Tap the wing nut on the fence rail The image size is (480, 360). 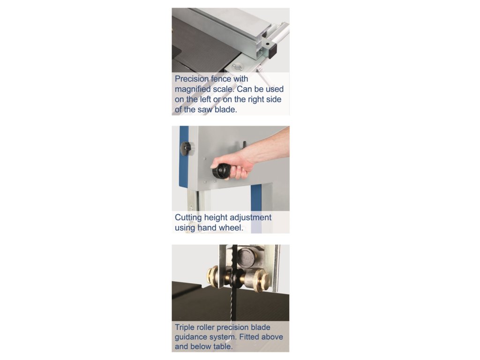pos(237,67)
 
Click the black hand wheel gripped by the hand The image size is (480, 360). pos(221,172)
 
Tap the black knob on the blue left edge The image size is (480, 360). pos(185,149)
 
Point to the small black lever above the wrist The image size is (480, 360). pos(245,144)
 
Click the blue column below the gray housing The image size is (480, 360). pos(256,209)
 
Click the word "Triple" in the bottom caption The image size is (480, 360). pos(184,327)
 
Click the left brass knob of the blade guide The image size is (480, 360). pos(212,277)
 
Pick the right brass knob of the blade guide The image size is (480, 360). pos(263,280)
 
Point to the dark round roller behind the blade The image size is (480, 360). pos(247,257)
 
